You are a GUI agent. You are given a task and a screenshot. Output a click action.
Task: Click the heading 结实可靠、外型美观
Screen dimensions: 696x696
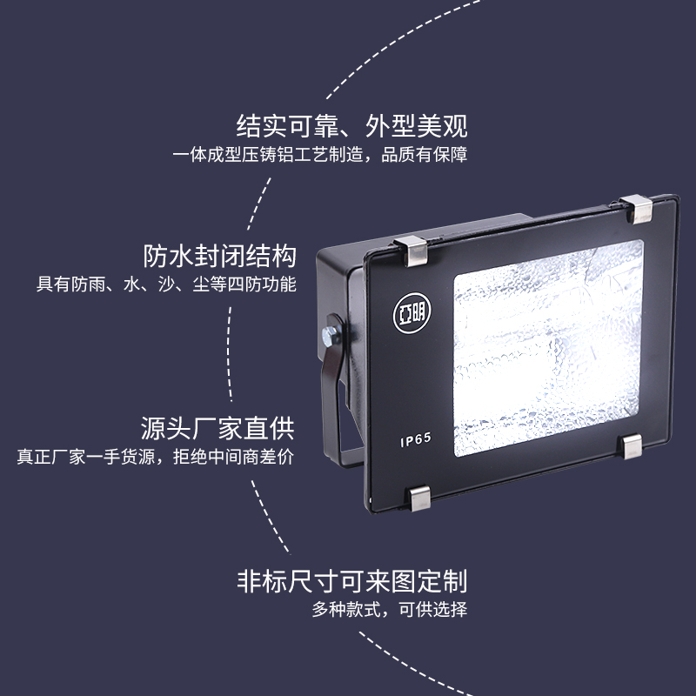(352, 126)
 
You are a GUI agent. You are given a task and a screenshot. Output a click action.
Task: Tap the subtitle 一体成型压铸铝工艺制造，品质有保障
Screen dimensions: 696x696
(320, 156)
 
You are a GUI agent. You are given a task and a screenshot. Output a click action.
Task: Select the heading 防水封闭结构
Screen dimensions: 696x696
(219, 257)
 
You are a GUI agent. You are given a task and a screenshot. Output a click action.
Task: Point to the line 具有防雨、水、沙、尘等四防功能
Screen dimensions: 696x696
(166, 284)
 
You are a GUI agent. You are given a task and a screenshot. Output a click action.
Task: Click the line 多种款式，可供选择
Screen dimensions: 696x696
(390, 609)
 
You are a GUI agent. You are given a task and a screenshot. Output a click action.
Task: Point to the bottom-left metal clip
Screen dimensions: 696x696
(420, 499)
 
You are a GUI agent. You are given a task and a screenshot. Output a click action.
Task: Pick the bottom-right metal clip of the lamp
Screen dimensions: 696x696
(628, 445)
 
